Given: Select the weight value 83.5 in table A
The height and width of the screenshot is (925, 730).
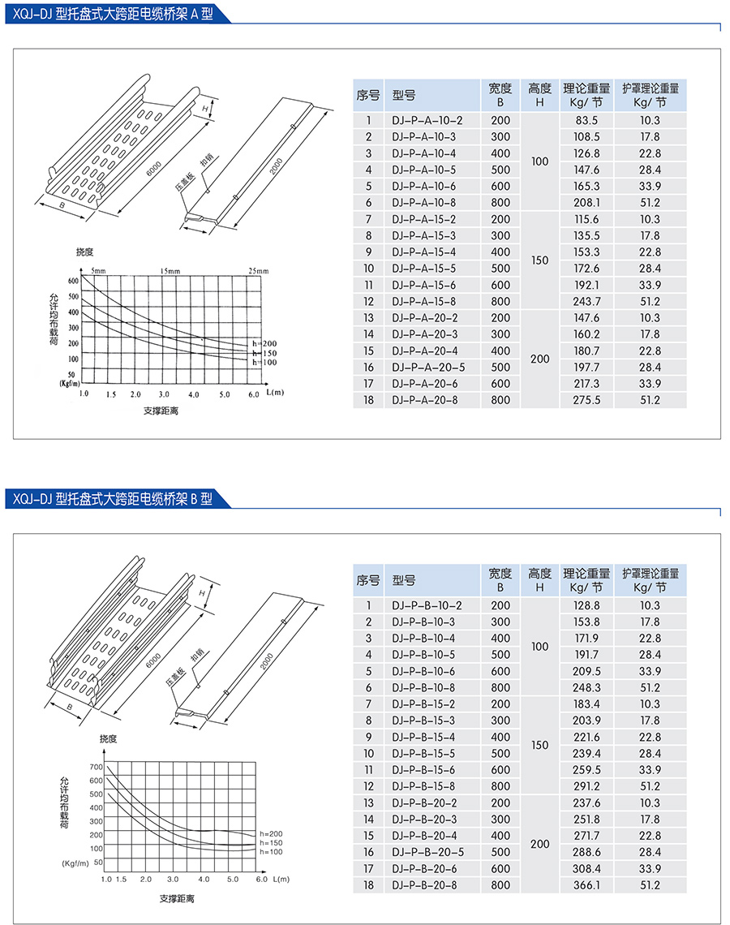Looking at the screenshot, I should pos(586,120).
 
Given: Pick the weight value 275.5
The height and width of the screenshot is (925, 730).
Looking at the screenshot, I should pos(586,400).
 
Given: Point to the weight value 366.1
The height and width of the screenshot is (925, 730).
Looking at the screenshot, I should pos(586,884).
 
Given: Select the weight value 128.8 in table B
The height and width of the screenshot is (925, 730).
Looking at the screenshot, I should pos(586,605).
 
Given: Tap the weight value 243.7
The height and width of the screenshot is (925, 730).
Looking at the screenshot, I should pos(586,301).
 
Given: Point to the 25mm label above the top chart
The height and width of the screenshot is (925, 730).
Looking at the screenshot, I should pos(258,269).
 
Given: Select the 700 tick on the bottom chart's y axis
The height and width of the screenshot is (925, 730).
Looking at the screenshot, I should pos(96,767).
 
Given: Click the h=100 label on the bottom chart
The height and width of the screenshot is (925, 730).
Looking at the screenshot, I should pos(271,851).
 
